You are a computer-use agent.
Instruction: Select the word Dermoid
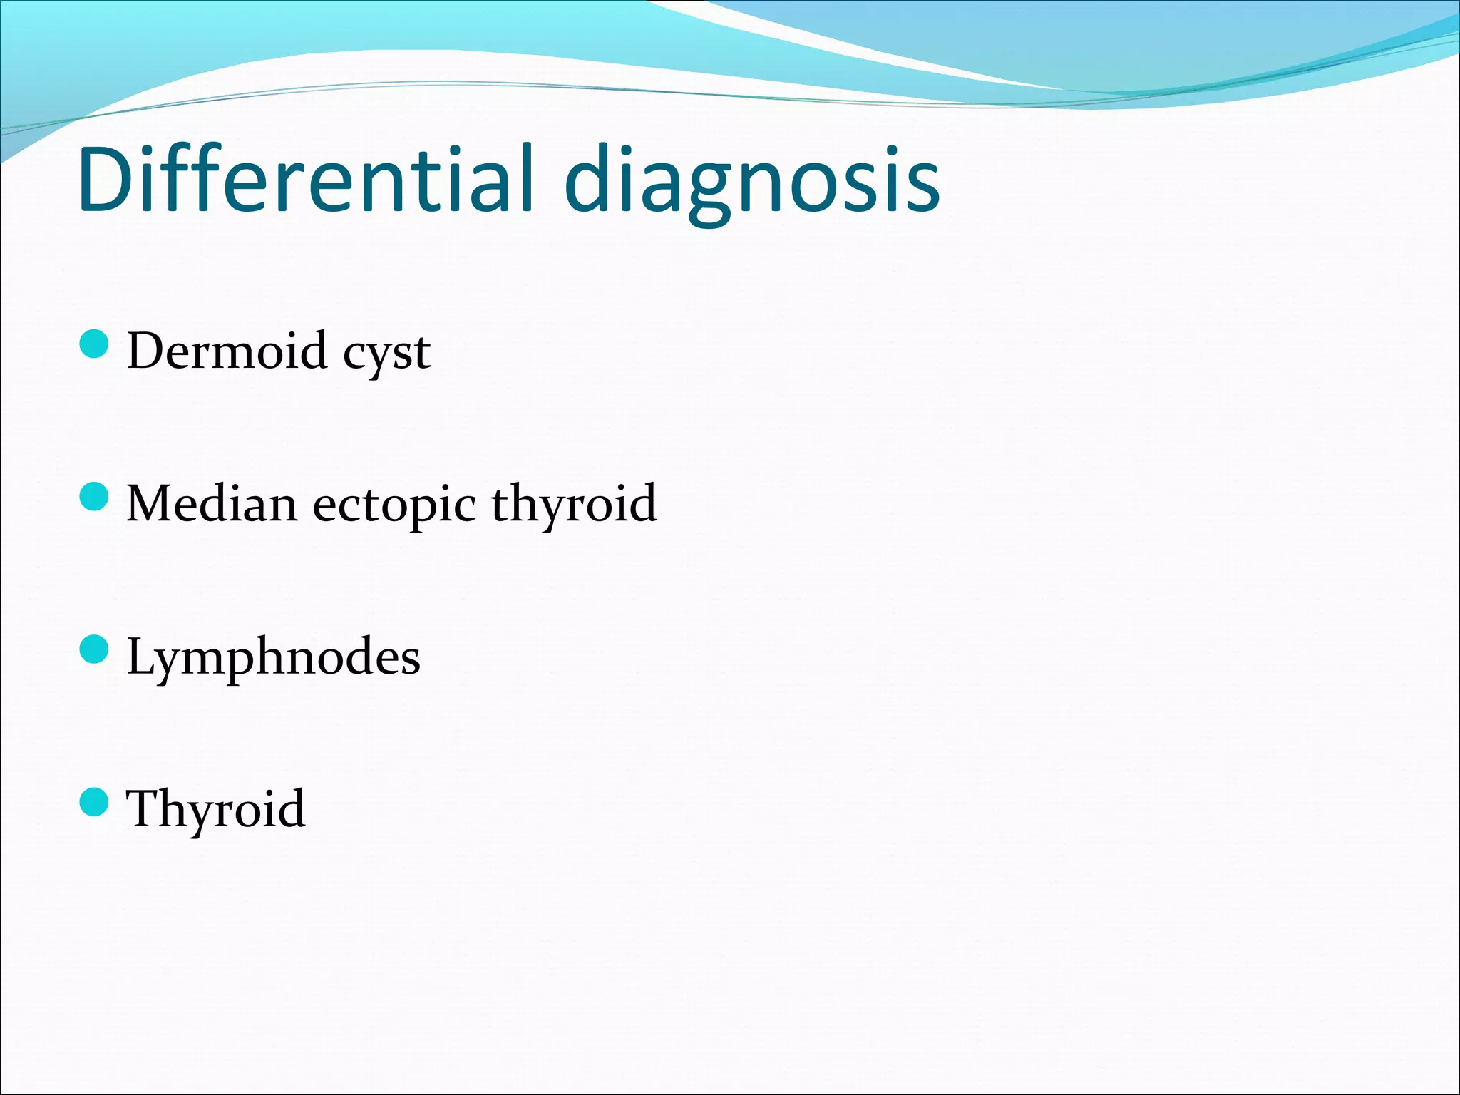(x=227, y=351)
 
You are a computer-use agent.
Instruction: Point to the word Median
(x=212, y=503)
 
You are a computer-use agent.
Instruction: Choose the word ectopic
(x=394, y=506)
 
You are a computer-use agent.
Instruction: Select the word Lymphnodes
(x=273, y=657)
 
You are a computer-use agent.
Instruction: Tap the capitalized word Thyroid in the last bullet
(x=215, y=810)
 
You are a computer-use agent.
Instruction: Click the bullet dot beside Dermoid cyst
(x=94, y=344)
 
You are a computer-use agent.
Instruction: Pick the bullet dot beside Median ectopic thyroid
(x=94, y=497)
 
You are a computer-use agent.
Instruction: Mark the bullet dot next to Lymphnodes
(x=94, y=649)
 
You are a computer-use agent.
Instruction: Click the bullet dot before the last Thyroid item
(x=94, y=802)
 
